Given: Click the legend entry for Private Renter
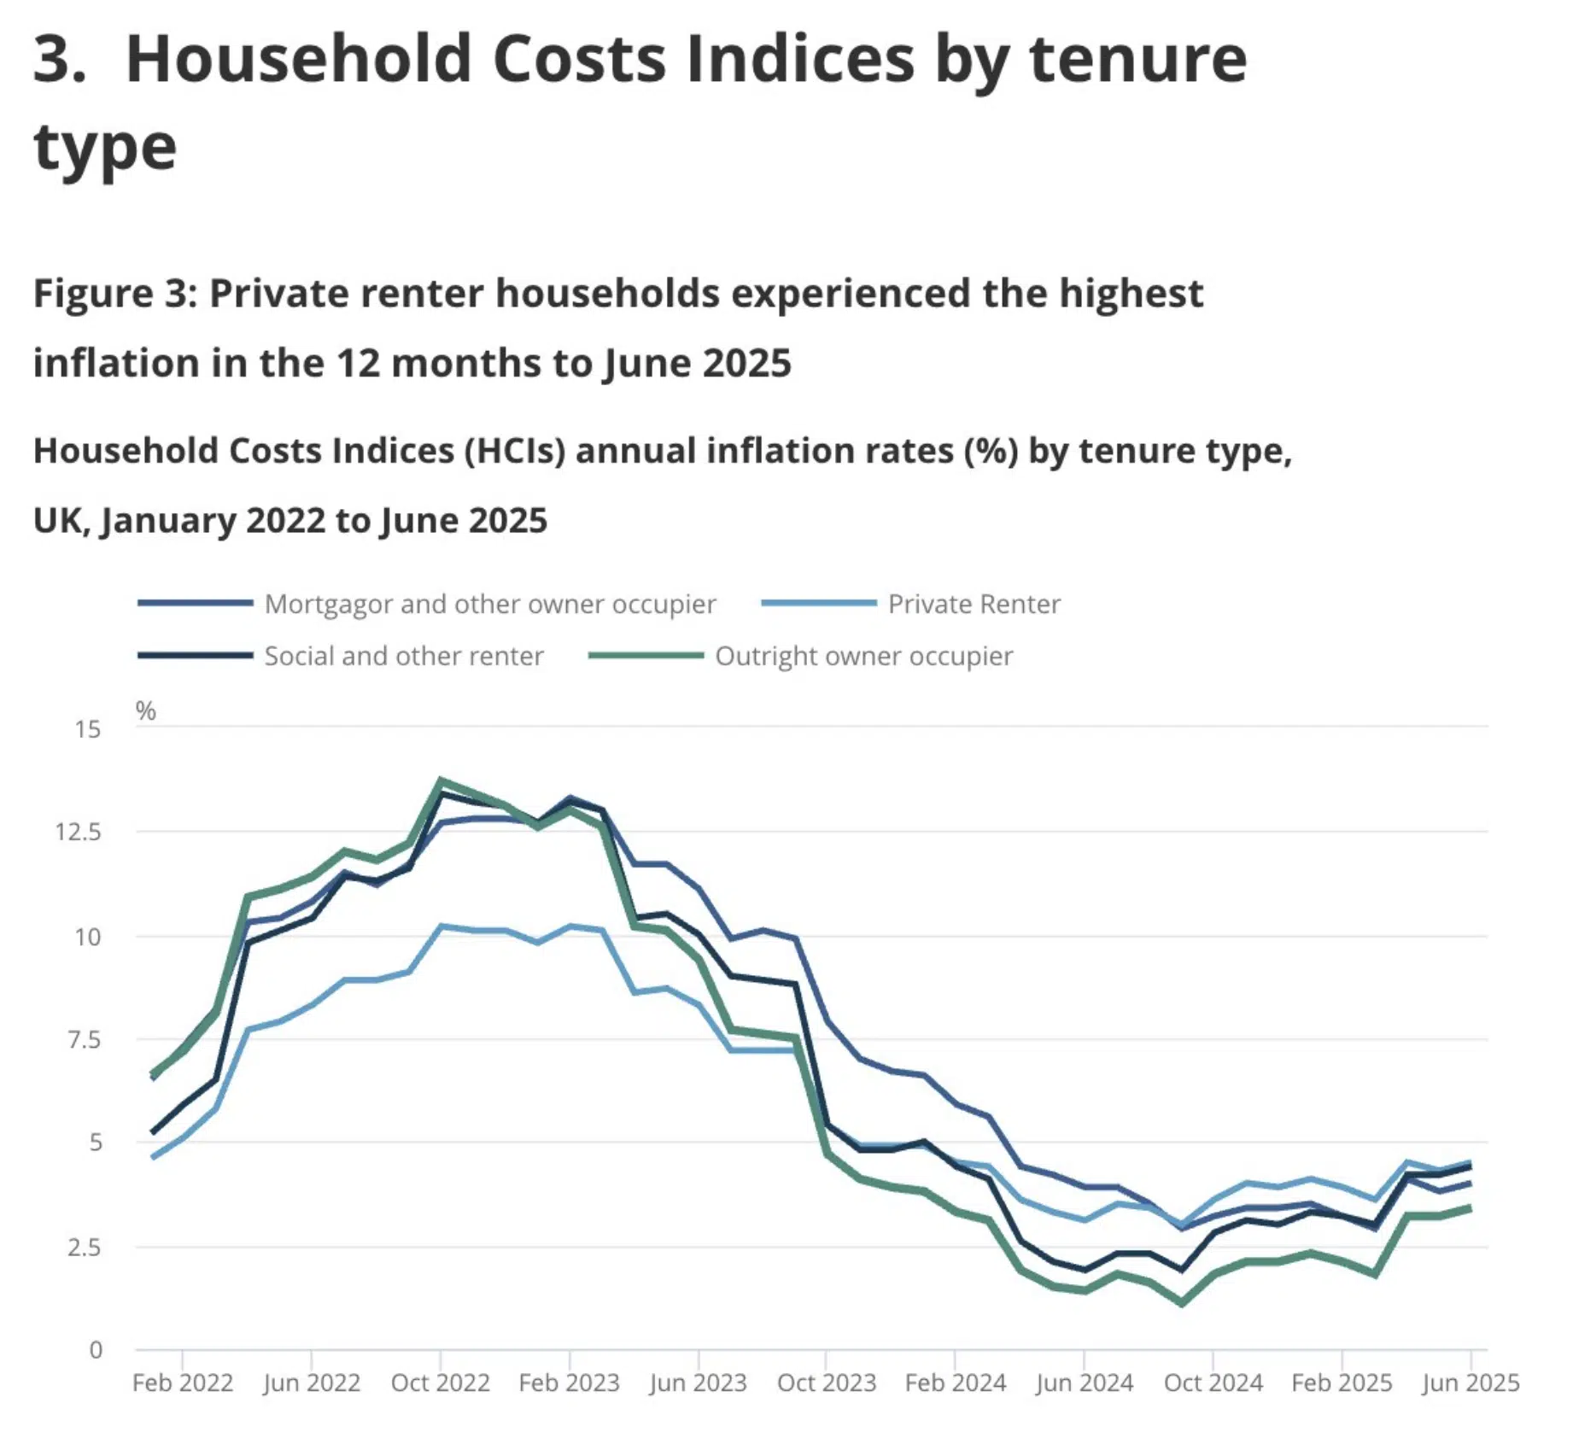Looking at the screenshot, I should click(973, 604).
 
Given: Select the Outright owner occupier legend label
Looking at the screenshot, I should click(863, 656).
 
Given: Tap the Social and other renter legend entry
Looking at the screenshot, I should click(403, 656).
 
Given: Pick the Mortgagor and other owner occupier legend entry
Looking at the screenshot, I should click(489, 604).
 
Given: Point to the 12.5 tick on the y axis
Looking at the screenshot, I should click(78, 832).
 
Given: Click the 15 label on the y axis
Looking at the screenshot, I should click(87, 729).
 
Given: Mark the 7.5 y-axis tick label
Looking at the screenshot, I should click(84, 1040).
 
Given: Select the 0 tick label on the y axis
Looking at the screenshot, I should click(96, 1350).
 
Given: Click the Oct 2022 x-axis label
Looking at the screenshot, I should click(440, 1382).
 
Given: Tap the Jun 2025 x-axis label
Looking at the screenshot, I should click(1470, 1382).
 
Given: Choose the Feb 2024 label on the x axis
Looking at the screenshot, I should click(955, 1382).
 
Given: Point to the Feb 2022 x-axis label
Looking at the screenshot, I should click(183, 1382).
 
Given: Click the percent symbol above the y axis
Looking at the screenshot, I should click(146, 710).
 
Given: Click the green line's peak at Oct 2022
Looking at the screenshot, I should click(441, 780).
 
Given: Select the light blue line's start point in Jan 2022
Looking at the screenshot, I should click(153, 1157).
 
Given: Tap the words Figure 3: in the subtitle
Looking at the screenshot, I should click(115, 293).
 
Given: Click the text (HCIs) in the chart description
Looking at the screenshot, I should click(515, 451).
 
